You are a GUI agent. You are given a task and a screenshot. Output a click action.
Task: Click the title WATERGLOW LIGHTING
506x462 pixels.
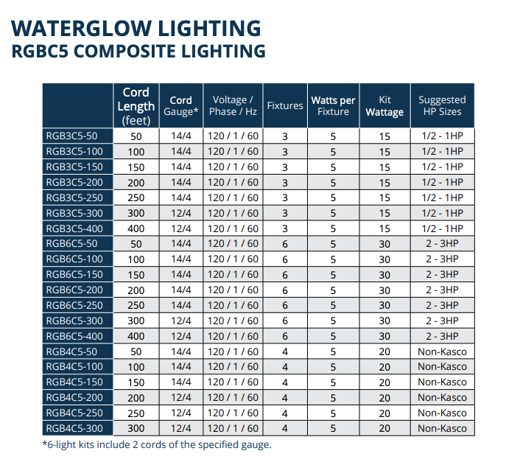click(136, 28)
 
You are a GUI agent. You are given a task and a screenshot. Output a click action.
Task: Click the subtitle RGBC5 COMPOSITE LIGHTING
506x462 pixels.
click(139, 52)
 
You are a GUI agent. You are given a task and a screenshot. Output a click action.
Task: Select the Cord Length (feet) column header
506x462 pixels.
click(136, 106)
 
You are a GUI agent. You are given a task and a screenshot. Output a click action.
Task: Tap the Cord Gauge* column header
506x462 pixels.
click(180, 106)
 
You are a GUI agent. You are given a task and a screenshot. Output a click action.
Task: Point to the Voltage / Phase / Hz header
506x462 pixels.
click(233, 105)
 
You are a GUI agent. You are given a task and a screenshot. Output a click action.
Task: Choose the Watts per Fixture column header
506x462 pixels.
click(333, 105)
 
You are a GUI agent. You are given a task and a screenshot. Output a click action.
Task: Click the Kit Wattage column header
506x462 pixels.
click(384, 106)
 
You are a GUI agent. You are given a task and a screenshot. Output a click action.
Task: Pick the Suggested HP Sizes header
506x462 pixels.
click(442, 105)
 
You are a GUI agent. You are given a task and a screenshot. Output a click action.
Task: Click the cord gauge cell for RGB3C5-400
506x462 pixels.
click(180, 228)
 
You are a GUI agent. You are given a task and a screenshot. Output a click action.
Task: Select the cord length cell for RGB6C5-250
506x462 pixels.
click(136, 305)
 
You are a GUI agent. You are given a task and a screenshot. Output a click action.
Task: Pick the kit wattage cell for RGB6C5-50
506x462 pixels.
click(384, 244)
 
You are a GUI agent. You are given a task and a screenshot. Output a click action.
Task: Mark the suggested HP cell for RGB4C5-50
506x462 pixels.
click(442, 351)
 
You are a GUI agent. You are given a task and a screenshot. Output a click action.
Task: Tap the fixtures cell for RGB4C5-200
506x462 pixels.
click(285, 398)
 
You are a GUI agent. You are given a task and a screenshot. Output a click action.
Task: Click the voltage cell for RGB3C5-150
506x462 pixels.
click(233, 167)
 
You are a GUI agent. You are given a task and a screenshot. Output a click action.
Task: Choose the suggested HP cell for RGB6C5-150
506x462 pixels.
click(442, 275)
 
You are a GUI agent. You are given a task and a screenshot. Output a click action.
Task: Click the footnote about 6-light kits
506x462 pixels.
click(156, 445)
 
